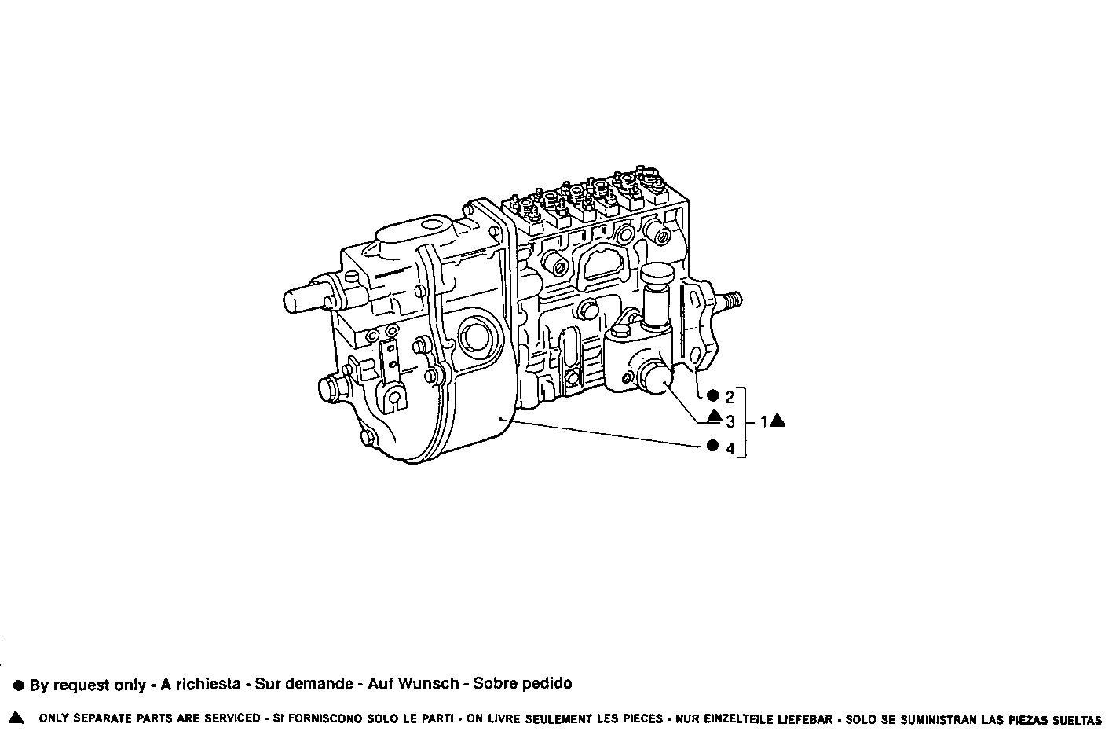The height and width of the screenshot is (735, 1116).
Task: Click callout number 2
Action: (x=730, y=397)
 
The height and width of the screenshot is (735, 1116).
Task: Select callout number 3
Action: (x=730, y=422)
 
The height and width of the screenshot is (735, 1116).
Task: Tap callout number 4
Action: (x=730, y=449)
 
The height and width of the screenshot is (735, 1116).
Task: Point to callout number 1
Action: (x=763, y=422)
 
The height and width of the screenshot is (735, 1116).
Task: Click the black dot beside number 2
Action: (x=712, y=395)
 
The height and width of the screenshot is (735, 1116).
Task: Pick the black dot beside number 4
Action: (x=712, y=446)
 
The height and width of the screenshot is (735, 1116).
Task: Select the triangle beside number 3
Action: (x=713, y=417)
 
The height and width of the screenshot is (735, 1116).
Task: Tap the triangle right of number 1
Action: (x=778, y=421)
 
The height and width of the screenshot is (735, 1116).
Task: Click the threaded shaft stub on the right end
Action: (x=730, y=300)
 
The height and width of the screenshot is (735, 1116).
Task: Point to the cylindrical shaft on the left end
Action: (x=301, y=300)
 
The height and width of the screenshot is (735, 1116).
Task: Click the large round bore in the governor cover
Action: (x=474, y=338)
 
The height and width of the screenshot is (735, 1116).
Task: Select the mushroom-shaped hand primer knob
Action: (x=658, y=277)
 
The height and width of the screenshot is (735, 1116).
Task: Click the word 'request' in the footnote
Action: (x=79, y=685)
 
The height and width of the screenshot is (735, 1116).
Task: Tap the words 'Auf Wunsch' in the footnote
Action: (x=413, y=684)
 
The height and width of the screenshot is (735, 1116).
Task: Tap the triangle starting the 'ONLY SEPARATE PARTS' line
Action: (x=16, y=718)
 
